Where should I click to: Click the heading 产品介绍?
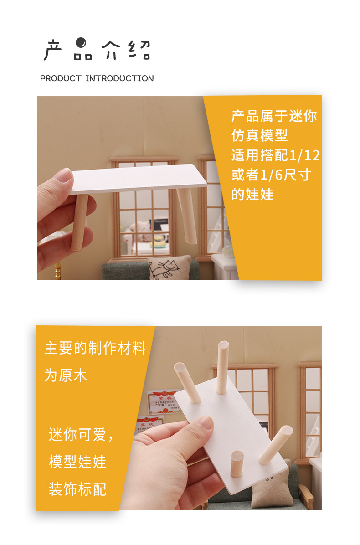[x=97, y=51]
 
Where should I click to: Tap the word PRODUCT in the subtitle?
[x=61, y=78]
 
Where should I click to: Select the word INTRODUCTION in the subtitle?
[x=119, y=78]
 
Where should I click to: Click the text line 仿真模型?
[x=259, y=135]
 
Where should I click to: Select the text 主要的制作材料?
[x=95, y=349]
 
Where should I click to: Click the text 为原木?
[x=66, y=375]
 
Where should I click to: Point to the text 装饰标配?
[x=77, y=489]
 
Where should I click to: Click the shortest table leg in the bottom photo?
[x=237, y=464]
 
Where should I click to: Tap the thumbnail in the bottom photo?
[x=206, y=424]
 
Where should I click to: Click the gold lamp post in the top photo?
[x=58, y=272]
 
